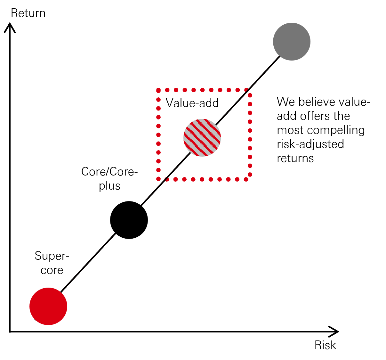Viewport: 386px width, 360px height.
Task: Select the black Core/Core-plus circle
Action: point(129,220)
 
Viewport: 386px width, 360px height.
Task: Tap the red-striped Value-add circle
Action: point(202,137)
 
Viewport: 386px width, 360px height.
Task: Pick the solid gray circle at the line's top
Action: point(292,42)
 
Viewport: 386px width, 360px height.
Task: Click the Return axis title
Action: point(28,13)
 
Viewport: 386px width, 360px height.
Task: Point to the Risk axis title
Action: point(325,345)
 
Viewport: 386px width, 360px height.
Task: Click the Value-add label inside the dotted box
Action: point(192,103)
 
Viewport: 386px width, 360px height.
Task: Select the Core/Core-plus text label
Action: point(109,178)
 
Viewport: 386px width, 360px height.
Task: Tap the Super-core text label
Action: point(52,263)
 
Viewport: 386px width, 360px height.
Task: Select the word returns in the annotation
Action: point(295,158)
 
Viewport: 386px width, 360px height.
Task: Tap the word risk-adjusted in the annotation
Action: point(310,144)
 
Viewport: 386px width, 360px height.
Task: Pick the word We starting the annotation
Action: point(286,102)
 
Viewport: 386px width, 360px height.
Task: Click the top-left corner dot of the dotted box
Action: point(158,90)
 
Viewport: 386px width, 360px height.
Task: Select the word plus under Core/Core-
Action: point(109,186)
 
